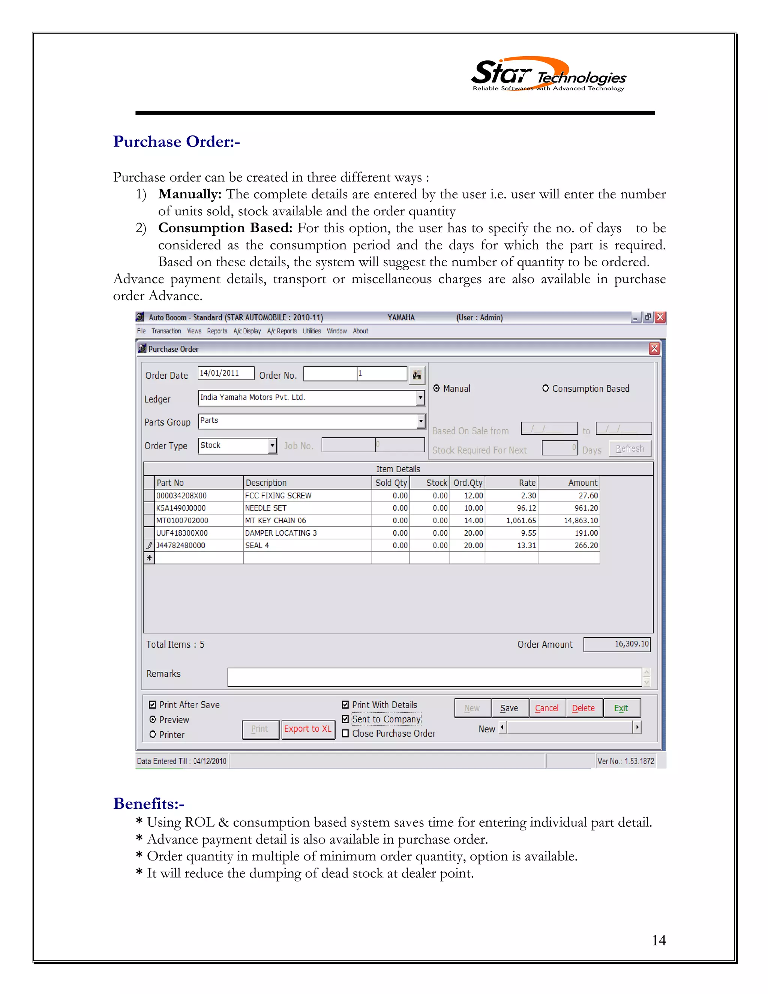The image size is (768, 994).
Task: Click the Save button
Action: [x=509, y=708]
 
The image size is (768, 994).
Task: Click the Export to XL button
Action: [x=307, y=729]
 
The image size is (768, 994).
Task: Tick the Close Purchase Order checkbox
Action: [x=345, y=733]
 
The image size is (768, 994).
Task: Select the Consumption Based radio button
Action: [x=545, y=388]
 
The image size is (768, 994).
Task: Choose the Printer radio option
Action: [x=153, y=734]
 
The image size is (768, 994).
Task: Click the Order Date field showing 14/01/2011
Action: [x=225, y=373]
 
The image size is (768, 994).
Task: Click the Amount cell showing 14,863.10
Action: [x=569, y=520]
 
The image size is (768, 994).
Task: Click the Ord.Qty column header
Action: [x=467, y=482]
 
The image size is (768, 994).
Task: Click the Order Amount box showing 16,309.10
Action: [x=616, y=644]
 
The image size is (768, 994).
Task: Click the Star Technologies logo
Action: [x=548, y=75]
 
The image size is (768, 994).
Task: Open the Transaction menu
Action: [x=166, y=331]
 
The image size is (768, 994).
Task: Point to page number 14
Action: [x=658, y=940]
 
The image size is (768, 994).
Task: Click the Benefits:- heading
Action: [x=149, y=803]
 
